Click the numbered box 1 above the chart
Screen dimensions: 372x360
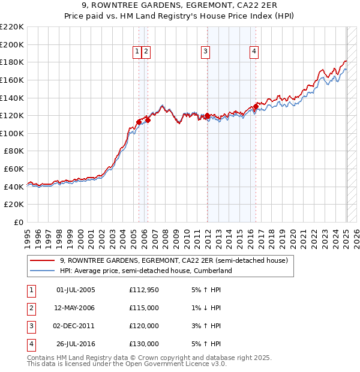pos(138,52)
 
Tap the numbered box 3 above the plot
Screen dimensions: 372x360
pos(205,52)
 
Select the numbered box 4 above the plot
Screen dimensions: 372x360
pos(254,52)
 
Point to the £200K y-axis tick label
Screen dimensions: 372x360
pos(12,44)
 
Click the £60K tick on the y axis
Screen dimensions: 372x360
pos(14,169)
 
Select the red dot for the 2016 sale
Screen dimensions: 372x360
pos(256,107)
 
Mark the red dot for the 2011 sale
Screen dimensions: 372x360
pos(207,116)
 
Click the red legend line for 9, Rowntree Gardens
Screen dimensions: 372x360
pos(42,261)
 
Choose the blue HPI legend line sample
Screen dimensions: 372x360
pos(42,271)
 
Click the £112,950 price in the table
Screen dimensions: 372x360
pos(144,290)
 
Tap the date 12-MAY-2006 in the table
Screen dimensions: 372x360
pos(75,307)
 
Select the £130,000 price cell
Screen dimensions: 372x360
pos(144,344)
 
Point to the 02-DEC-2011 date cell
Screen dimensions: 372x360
pos(75,326)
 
